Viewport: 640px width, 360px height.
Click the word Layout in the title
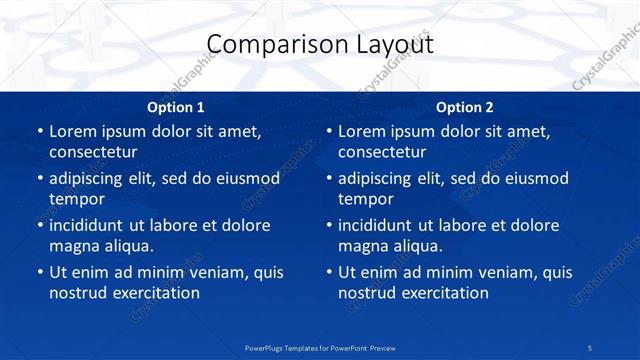coord(390,45)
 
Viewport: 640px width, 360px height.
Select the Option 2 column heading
coord(465,107)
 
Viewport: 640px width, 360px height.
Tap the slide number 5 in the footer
coord(590,347)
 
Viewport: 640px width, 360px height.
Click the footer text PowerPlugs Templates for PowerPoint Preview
coord(320,347)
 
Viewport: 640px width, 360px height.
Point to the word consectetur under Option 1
coord(93,152)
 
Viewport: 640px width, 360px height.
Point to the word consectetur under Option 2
coord(382,152)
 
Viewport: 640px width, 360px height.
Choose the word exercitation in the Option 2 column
coord(443,293)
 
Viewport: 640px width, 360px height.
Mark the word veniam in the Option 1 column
coord(208,272)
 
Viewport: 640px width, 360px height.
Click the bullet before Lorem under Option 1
coord(39,131)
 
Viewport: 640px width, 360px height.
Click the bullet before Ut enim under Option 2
coord(328,272)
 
